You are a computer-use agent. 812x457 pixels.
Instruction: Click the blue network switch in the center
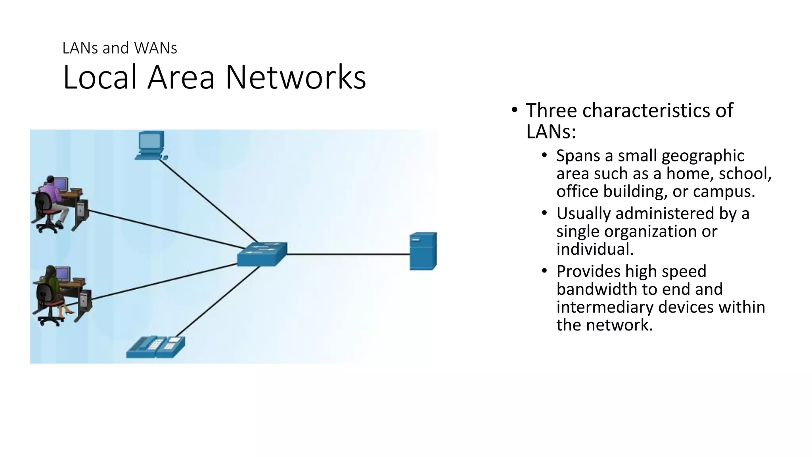tap(262, 254)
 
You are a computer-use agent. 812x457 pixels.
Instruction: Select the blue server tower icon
tap(423, 251)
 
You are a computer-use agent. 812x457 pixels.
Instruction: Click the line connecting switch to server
tap(349, 254)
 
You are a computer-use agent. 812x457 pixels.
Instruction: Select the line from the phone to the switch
tap(218, 301)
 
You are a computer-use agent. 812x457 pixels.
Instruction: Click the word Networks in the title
tap(296, 77)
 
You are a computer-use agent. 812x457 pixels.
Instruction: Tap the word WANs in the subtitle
tap(155, 48)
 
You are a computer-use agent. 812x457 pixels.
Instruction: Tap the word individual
tap(594, 249)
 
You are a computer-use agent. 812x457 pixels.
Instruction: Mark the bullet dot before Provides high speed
tap(544, 271)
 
